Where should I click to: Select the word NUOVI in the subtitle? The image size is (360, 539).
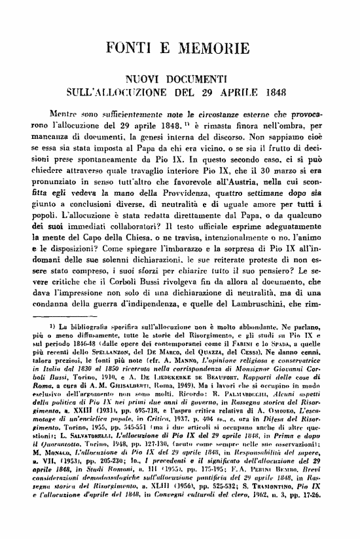145,80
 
